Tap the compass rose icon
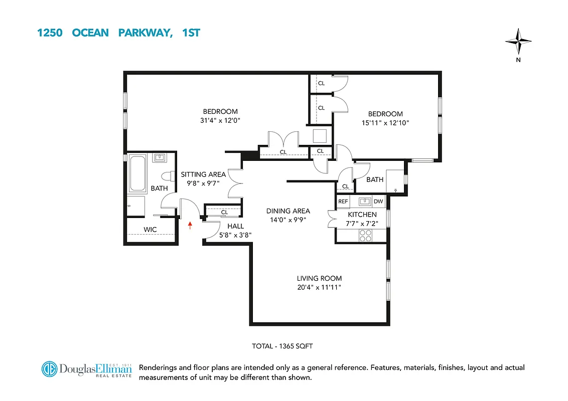click(x=518, y=43)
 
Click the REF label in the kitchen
click(x=343, y=202)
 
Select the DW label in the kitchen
click(x=378, y=202)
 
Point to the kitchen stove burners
click(x=365, y=235)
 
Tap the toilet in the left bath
click(x=167, y=177)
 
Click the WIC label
click(x=150, y=230)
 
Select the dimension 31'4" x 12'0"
click(x=220, y=120)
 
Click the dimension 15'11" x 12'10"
click(x=385, y=123)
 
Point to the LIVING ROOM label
click(x=319, y=278)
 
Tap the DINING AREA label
click(x=288, y=211)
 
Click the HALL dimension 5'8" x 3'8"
click(x=235, y=235)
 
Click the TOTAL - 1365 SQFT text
click(x=282, y=346)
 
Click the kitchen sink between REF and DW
click(x=364, y=202)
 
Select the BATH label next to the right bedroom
click(x=374, y=179)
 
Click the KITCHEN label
click(x=362, y=215)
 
